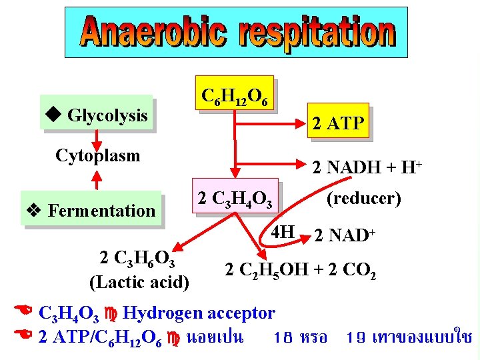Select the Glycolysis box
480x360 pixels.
[x=96, y=116]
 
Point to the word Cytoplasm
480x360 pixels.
[x=98, y=156]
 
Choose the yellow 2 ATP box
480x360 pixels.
[x=338, y=123]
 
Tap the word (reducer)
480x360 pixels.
[x=363, y=199]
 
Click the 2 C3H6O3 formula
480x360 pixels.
[x=137, y=258]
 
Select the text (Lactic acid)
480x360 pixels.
[x=139, y=282]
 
